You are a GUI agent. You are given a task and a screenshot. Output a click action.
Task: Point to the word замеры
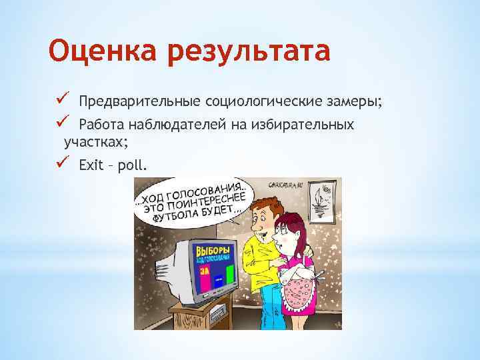(x=354, y=101)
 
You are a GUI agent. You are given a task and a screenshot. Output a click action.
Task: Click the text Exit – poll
(x=113, y=165)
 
